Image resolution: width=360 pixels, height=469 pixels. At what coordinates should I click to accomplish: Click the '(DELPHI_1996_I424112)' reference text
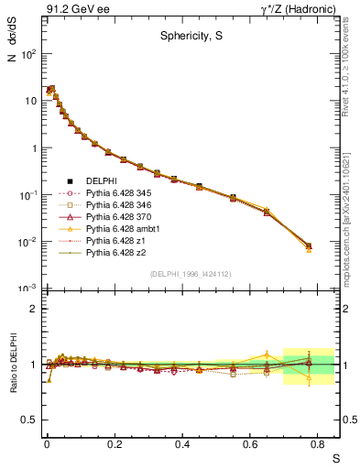click(190, 274)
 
